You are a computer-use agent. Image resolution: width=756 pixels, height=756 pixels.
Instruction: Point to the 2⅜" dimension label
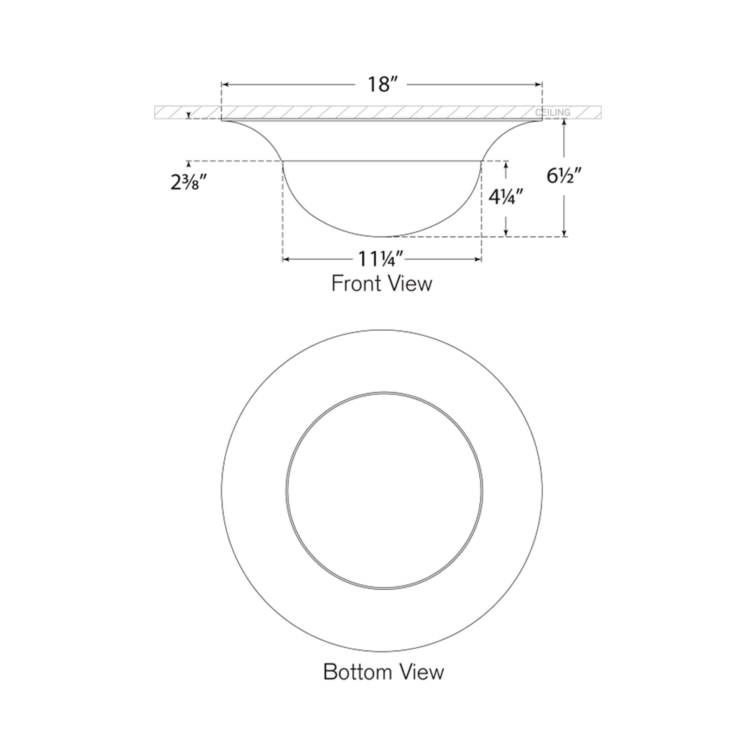[x=188, y=183]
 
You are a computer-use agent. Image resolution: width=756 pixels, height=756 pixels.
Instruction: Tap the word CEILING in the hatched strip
[x=552, y=113]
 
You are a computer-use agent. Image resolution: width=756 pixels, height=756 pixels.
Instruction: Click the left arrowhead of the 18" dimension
[x=224, y=85]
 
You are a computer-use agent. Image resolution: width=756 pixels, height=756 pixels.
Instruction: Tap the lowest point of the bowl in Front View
[x=381, y=236]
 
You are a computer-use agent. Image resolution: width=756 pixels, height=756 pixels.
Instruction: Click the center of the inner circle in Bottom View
[x=383, y=489]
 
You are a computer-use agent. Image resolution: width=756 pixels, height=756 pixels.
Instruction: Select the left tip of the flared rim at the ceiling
[x=222, y=121]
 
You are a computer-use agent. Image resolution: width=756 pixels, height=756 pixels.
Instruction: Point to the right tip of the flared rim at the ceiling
[x=542, y=121]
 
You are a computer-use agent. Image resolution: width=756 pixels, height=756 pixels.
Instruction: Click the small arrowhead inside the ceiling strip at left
[x=189, y=115]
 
